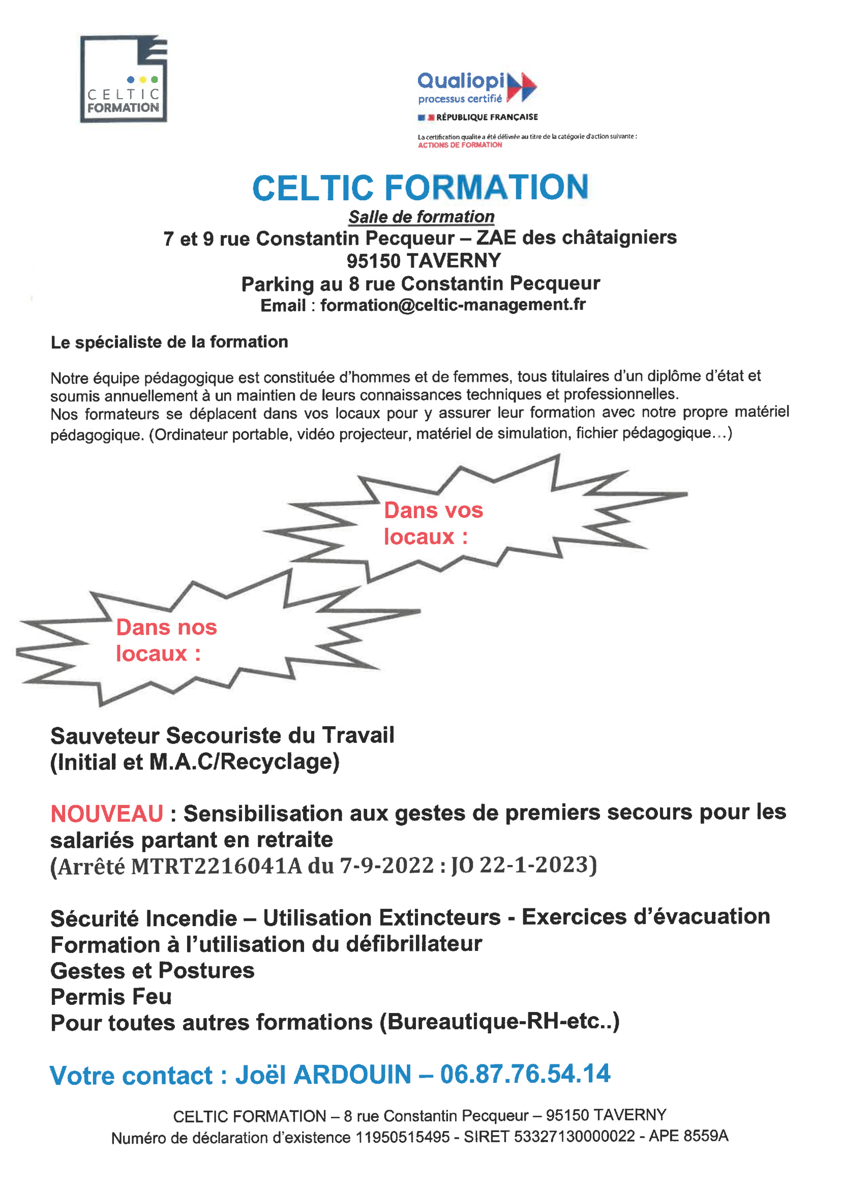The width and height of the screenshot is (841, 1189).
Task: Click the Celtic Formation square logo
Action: tap(123, 79)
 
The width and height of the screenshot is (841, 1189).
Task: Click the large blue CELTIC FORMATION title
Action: tap(420, 188)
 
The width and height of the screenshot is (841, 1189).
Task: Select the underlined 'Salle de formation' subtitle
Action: tap(421, 217)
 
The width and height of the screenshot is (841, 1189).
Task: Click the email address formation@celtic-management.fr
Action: tap(453, 305)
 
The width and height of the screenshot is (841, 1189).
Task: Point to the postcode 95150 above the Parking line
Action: tap(373, 261)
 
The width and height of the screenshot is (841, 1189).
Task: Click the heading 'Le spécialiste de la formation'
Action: tap(169, 342)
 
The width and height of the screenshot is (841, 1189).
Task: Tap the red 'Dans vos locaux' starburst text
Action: tap(433, 523)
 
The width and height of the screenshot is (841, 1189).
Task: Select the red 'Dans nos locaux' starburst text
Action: tap(166, 641)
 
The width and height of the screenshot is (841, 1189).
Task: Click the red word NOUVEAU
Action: tap(107, 814)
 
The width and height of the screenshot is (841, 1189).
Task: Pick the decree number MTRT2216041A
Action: tap(216, 867)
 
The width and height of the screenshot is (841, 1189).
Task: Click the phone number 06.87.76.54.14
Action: tap(525, 1075)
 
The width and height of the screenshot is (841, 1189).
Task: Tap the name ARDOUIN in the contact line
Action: tap(352, 1075)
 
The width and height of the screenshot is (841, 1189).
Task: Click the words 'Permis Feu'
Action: tap(111, 997)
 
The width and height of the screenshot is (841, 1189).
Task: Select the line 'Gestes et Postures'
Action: tap(152, 971)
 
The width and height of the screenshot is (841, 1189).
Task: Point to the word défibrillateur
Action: tap(414, 944)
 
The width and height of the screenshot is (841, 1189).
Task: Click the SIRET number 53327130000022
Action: tap(574, 1136)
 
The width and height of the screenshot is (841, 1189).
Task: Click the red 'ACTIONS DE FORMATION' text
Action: tap(460, 145)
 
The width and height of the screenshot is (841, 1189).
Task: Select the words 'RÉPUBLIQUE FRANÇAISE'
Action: tap(487, 117)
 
